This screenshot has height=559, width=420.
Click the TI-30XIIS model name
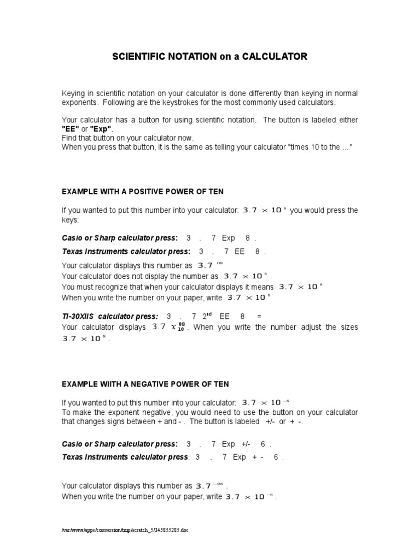[x=79, y=317]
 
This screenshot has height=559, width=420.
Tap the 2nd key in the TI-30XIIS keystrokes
[x=207, y=316]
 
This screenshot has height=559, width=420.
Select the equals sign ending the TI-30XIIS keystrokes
[x=259, y=317]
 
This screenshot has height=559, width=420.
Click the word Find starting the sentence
[x=69, y=138]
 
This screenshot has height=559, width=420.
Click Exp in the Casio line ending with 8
[x=228, y=238]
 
